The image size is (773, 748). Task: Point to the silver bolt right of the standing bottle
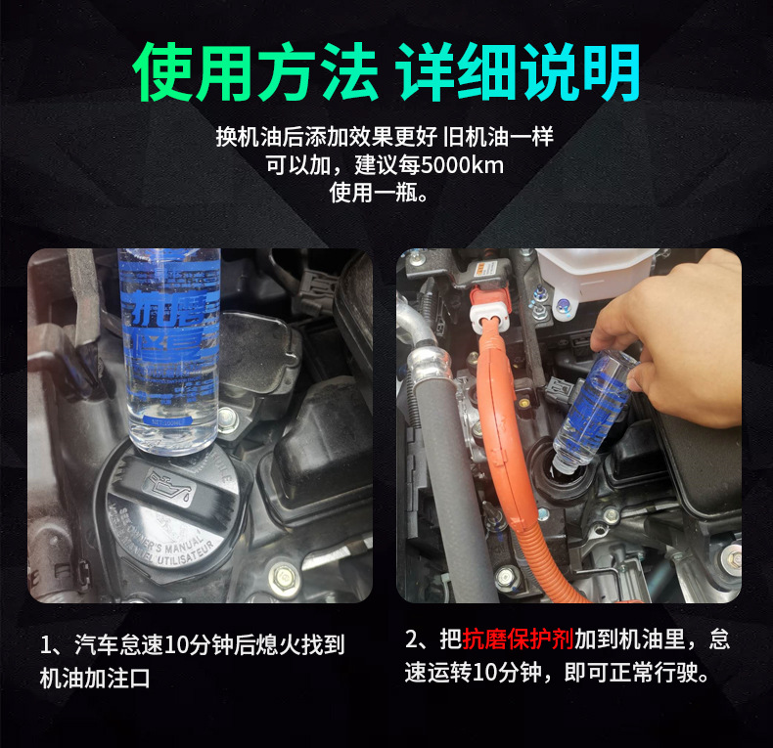click(x=228, y=421)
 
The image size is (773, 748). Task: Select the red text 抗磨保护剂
click(x=518, y=640)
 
